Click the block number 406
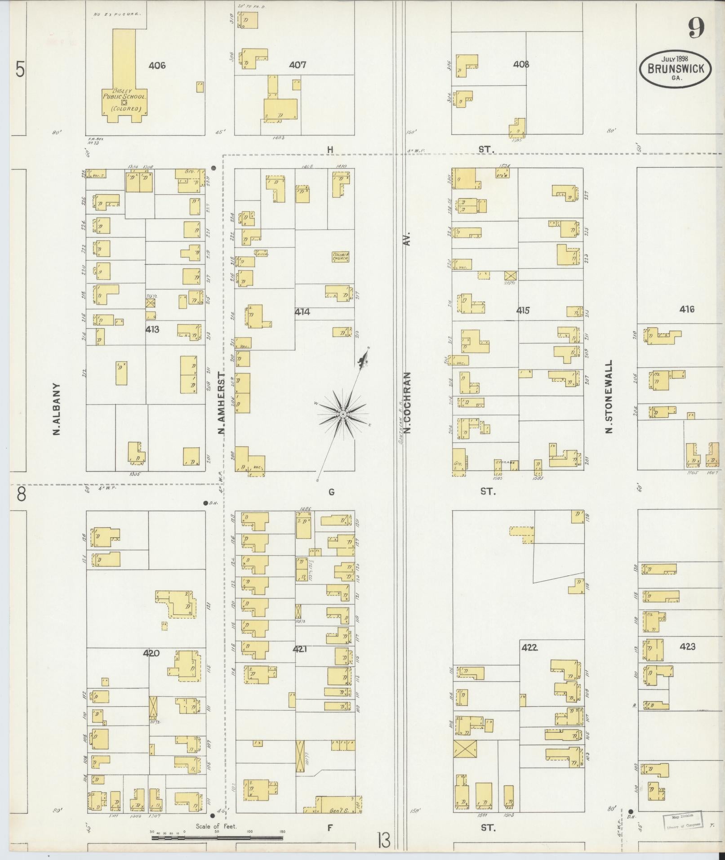[157, 66]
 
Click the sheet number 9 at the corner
[695, 30]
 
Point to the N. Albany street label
[57, 409]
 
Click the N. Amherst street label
[221, 403]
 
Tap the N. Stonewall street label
[609, 396]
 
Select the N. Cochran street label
[408, 403]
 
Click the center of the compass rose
[342, 414]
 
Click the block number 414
[302, 311]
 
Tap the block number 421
[299, 649]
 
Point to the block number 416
[687, 309]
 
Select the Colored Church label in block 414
[340, 256]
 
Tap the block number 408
[521, 64]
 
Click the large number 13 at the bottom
[383, 840]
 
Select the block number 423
[688, 646]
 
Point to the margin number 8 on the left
[20, 495]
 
